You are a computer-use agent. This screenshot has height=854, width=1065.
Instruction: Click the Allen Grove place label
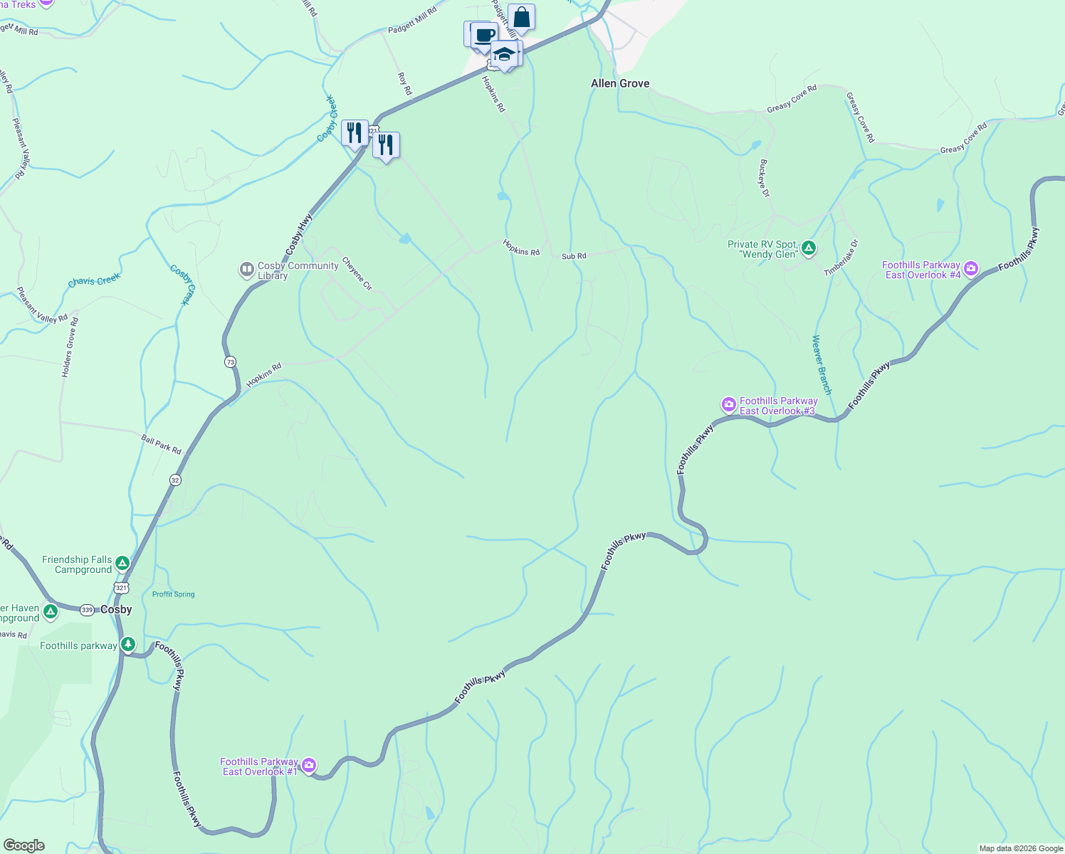click(x=620, y=83)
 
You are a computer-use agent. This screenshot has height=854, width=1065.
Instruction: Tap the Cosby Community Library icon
click(x=246, y=270)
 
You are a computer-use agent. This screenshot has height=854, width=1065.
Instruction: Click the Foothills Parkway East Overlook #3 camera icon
click(x=728, y=405)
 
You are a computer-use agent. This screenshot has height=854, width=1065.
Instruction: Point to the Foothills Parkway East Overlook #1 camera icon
click(x=308, y=766)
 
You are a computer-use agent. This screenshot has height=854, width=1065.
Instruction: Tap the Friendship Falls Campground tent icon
click(x=122, y=564)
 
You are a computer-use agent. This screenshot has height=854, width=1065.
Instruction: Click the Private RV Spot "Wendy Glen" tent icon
click(x=808, y=248)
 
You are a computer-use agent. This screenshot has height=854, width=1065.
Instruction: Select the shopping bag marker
click(x=521, y=17)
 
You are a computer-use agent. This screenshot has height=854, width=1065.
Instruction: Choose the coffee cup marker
click(x=484, y=35)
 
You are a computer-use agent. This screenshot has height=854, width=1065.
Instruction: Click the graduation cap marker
click(x=504, y=54)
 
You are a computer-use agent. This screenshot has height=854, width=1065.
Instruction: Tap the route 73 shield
click(x=230, y=362)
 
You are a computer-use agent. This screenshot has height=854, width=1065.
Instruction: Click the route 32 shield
click(x=175, y=480)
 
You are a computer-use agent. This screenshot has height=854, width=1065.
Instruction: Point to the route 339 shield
click(x=87, y=610)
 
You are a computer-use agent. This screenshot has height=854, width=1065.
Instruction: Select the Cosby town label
click(x=116, y=609)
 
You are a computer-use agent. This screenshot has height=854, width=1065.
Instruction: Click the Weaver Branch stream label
click(x=822, y=364)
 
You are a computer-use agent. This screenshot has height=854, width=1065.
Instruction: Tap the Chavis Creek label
click(x=94, y=281)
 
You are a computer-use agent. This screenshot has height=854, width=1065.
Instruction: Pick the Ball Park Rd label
click(x=161, y=445)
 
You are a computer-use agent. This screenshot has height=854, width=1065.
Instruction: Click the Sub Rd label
click(x=574, y=256)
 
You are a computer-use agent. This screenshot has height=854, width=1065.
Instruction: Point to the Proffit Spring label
click(x=173, y=594)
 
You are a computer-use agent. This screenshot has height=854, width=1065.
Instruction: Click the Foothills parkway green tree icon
click(x=127, y=645)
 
